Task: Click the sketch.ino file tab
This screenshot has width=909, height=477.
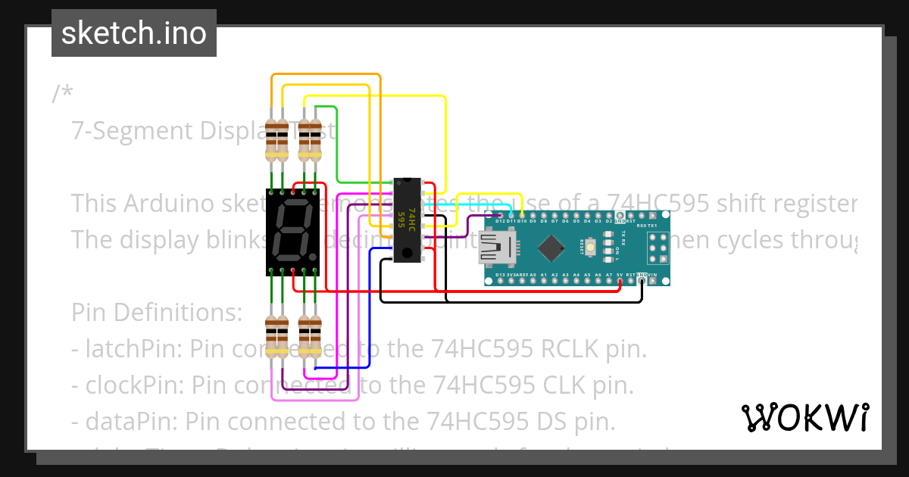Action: click(x=134, y=33)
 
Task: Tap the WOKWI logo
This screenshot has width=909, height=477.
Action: click(x=804, y=417)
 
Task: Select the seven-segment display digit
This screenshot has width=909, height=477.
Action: click(x=291, y=232)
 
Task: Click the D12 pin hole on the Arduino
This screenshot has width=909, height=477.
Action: click(x=500, y=216)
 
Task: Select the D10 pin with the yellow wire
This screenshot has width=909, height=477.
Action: click(x=522, y=216)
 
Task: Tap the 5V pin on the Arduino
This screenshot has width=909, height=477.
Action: click(x=620, y=280)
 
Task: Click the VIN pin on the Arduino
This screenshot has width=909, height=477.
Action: click(x=653, y=280)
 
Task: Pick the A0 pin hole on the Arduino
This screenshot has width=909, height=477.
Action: click(x=533, y=280)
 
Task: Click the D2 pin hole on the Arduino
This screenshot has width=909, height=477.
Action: click(x=609, y=216)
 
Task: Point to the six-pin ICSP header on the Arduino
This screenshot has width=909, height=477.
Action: click(x=657, y=247)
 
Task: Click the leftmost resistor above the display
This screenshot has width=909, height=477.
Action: click(x=271, y=140)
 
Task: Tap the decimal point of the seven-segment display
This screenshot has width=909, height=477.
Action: click(x=312, y=257)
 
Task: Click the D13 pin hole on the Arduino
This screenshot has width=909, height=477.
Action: click(x=500, y=280)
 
